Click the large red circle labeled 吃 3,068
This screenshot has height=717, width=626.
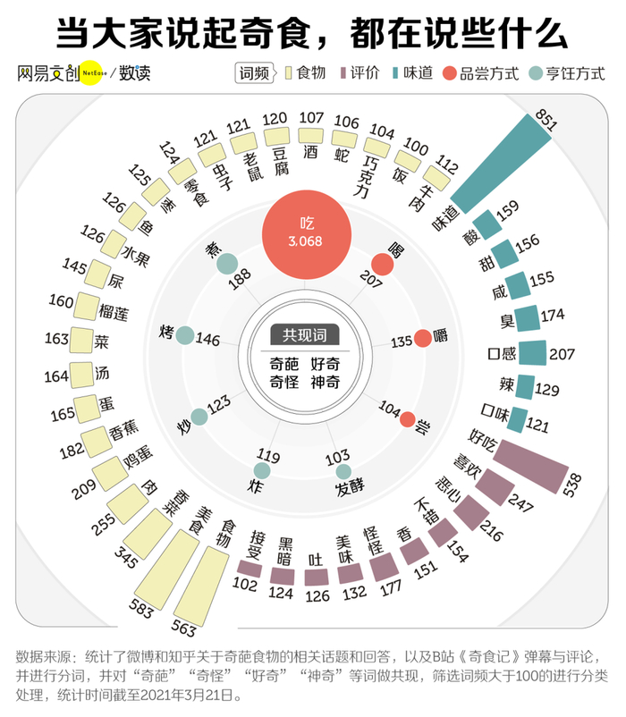click(305, 232)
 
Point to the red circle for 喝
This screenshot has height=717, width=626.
click(383, 264)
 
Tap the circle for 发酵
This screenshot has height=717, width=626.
click(343, 472)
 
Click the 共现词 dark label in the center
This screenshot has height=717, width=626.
click(305, 335)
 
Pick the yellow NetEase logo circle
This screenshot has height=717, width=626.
click(95, 72)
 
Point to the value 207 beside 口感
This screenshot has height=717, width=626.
click(562, 354)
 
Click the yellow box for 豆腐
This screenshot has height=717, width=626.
click(278, 137)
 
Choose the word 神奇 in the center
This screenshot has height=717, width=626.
click(325, 381)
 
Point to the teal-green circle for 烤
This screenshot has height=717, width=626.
click(184, 335)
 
